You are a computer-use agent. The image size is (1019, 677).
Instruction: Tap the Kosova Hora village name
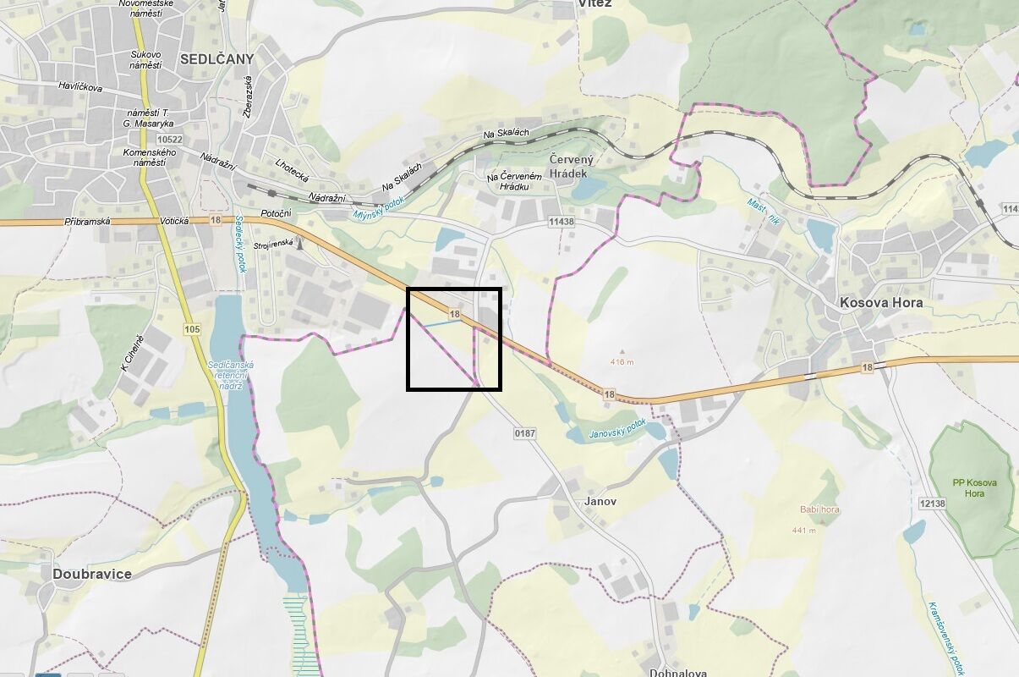click(x=880, y=302)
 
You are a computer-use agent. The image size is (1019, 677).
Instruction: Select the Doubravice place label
click(x=92, y=574)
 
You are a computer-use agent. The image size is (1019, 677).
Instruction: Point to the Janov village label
click(x=600, y=501)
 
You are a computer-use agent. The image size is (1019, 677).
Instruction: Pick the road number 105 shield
click(x=192, y=328)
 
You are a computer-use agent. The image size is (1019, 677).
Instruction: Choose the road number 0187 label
click(x=525, y=433)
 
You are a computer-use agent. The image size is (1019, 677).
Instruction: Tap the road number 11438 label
click(x=561, y=222)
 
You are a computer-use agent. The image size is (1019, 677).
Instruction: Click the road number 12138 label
click(x=931, y=504)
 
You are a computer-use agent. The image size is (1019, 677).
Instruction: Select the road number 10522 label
click(x=170, y=140)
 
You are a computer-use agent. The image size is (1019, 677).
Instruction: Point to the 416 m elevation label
click(x=622, y=362)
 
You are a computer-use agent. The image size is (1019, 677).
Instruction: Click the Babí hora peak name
click(x=819, y=509)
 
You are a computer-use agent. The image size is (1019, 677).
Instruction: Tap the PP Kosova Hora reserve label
click(x=974, y=487)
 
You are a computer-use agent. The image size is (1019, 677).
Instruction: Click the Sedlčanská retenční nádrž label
click(x=225, y=375)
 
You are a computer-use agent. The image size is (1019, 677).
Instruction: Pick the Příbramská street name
click(x=88, y=221)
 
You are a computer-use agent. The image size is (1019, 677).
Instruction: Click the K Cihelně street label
click(x=132, y=353)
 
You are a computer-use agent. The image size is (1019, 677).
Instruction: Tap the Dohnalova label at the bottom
click(x=677, y=673)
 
